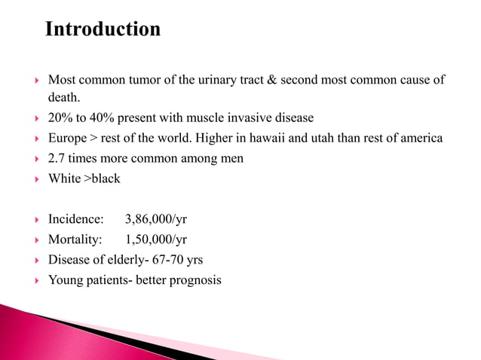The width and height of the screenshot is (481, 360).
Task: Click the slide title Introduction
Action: click(103, 29)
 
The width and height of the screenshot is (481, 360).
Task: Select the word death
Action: click(64, 98)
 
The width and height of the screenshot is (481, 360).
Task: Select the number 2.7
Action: click(57, 158)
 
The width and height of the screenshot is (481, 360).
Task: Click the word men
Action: click(232, 158)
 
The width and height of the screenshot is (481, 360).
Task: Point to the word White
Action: click(66, 178)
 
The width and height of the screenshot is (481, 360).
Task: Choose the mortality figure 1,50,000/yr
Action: click(156, 239)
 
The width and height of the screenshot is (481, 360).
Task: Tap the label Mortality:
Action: click(75, 239)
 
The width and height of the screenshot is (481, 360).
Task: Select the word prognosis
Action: click(195, 280)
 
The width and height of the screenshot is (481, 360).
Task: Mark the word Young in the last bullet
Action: click(65, 280)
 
